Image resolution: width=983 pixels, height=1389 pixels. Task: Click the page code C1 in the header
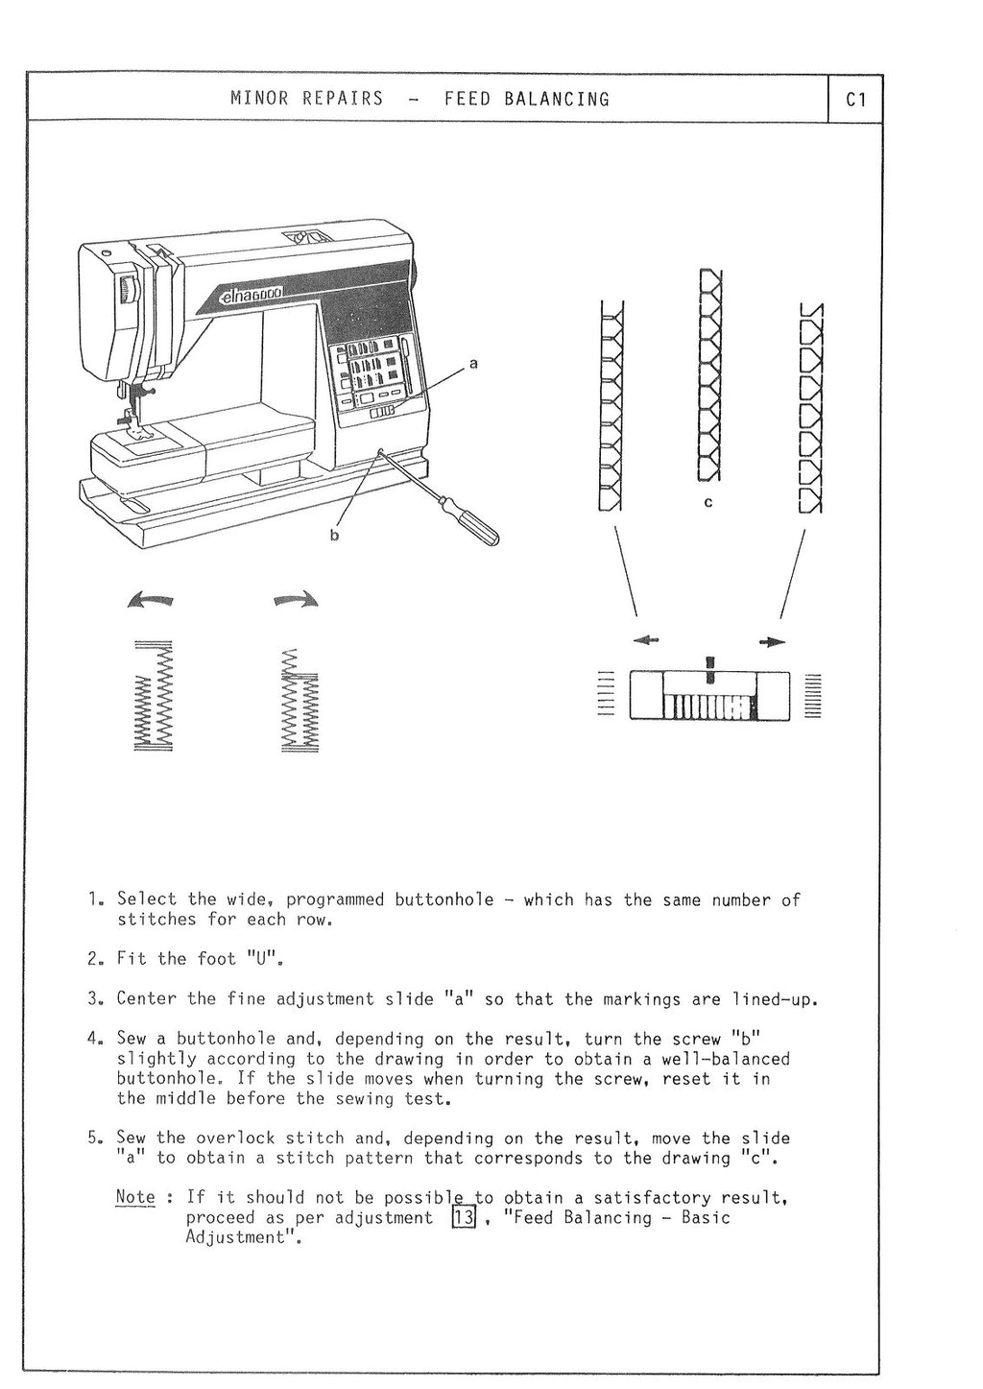[856, 99]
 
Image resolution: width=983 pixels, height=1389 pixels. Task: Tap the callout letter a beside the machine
[472, 364]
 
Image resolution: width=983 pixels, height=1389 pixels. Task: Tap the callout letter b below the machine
[334, 536]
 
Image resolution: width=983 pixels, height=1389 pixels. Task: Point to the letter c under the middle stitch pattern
[708, 502]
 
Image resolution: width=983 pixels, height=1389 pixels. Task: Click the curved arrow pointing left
[151, 601]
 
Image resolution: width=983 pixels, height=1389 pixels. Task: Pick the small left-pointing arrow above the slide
[646, 641]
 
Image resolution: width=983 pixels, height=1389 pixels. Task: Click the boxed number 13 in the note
[464, 1218]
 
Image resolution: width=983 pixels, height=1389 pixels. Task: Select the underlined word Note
[134, 1197]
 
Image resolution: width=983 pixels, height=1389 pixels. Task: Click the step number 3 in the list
[92, 998]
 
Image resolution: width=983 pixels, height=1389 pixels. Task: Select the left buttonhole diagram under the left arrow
[152, 696]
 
